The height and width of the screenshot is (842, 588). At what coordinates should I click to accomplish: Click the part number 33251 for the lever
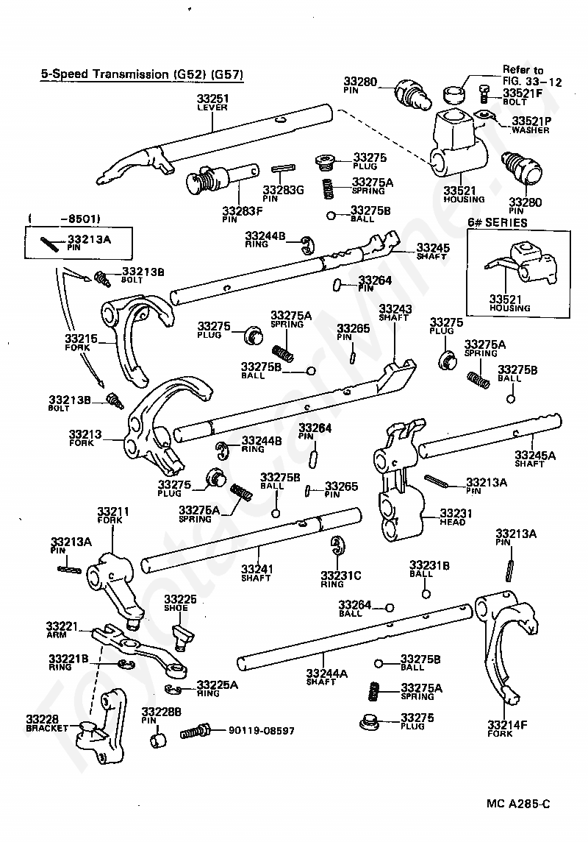coord(212,99)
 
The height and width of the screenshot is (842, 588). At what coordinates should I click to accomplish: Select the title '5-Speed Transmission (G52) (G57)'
coord(142,74)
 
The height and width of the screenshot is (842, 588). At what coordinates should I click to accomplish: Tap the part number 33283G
coord(283,190)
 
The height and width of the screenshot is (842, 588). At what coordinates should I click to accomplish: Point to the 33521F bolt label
coord(522,96)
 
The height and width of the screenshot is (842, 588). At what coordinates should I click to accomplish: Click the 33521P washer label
coord(531,125)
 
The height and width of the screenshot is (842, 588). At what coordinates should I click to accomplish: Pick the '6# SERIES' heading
coord(498,222)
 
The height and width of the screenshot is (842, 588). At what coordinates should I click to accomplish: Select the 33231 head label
coord(456,517)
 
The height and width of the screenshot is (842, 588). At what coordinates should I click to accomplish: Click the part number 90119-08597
coord(262,730)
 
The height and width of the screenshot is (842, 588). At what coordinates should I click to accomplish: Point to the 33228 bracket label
coord(46,724)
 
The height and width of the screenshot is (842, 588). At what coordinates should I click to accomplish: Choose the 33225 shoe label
coord(180,603)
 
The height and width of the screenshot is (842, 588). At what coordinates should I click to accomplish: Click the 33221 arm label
coord(62,630)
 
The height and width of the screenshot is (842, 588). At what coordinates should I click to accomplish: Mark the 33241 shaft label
coord(257,573)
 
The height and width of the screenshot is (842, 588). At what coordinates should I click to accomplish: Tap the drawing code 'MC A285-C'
coord(517,804)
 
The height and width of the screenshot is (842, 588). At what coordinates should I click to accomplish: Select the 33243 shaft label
coord(395,313)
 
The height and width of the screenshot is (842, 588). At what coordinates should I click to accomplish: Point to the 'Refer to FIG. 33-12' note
coord(531,76)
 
